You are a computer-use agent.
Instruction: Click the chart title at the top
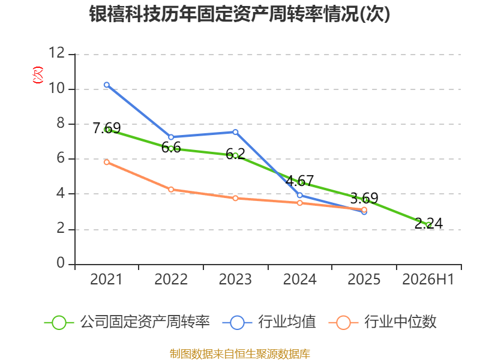(x=239, y=14)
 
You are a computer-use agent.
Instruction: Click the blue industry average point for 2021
(x=107, y=85)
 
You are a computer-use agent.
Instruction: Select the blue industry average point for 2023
(x=235, y=132)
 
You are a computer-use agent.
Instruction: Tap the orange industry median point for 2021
(x=107, y=162)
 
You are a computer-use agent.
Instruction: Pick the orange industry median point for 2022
(x=171, y=190)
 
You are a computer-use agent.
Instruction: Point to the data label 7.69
(x=107, y=128)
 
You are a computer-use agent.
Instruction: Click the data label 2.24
(x=428, y=223)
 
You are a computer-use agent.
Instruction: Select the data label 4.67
(x=299, y=181)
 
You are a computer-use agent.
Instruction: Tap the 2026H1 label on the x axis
(x=428, y=279)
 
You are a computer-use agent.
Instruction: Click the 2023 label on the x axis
(x=235, y=279)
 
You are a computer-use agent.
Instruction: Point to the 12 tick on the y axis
(x=56, y=53)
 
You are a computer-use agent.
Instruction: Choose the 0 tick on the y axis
(x=61, y=263)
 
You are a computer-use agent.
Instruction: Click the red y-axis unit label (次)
(x=38, y=75)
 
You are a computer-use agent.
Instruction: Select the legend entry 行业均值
(x=269, y=322)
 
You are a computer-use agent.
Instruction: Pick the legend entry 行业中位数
(x=382, y=322)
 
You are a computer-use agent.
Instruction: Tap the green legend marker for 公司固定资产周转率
(x=59, y=323)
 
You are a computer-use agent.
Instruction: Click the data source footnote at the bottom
(x=240, y=354)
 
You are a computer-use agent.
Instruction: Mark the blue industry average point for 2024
(x=299, y=195)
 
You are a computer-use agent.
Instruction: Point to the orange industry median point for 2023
(x=235, y=199)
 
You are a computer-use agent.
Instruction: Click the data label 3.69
(x=364, y=199)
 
